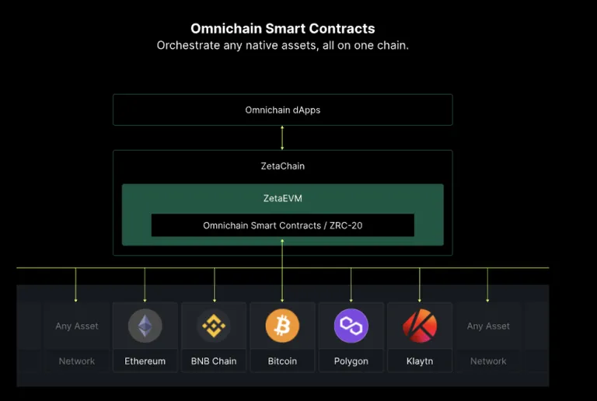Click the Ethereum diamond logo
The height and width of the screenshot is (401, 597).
pos(145,326)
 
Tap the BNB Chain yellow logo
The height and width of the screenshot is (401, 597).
pos(214,326)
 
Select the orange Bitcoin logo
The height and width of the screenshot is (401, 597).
pos(282,326)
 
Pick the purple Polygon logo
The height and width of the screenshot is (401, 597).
pos(351,326)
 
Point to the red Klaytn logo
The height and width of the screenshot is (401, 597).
pos(420,326)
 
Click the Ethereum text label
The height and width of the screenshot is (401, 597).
pos(145,361)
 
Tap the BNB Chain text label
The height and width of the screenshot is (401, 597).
pos(214,361)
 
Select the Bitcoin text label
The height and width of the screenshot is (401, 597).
pos(282,361)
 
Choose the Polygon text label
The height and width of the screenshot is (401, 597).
pos(351,361)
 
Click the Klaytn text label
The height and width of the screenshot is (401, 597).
pos(420,361)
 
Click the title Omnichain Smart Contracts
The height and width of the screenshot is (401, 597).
pos(282,29)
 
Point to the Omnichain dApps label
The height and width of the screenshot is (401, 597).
pos(282,110)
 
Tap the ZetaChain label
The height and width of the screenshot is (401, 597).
pos(282,166)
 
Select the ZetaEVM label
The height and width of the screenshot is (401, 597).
pos(282,198)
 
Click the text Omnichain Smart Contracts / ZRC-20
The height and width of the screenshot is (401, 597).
pos(282,225)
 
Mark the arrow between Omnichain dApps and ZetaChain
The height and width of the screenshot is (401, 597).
pos(282,138)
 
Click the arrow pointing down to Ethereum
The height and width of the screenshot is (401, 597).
pos(145,285)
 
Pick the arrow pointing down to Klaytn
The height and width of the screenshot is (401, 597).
pos(420,285)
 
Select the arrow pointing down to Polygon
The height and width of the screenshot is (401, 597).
pos(351,285)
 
